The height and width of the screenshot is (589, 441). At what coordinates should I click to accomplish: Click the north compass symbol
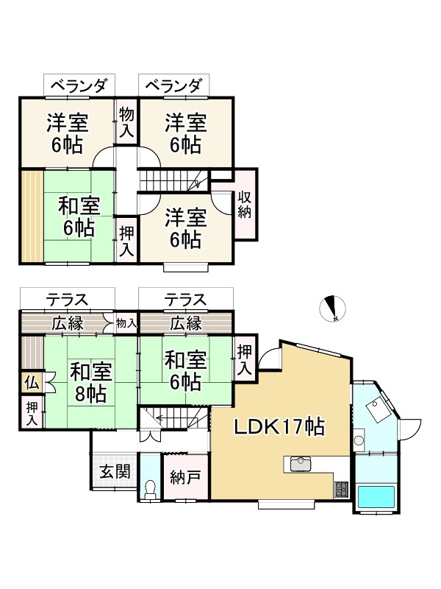pyautogui.click(x=334, y=308)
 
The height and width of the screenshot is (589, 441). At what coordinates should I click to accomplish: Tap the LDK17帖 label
pyautogui.click(x=280, y=426)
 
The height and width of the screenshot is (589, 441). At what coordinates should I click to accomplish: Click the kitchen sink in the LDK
pyautogui.click(x=301, y=464)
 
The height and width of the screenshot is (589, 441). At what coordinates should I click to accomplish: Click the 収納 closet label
pyautogui.click(x=245, y=204)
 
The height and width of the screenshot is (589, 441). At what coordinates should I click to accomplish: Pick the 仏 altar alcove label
pyautogui.click(x=31, y=382)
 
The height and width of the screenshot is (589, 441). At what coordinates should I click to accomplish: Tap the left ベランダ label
pyautogui.click(x=79, y=87)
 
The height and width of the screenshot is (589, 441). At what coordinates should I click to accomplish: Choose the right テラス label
pyautogui.click(x=185, y=300)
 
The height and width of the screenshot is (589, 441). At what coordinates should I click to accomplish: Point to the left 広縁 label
pyautogui.click(x=67, y=322)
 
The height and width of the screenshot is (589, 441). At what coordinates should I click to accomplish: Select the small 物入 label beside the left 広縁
pyautogui.click(x=126, y=322)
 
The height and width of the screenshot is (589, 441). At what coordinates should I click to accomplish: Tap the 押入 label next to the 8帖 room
pyautogui.click(x=32, y=412)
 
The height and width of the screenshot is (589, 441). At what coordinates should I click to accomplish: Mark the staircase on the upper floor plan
pyautogui.click(x=173, y=180)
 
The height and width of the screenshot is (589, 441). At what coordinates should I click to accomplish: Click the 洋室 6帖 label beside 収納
pyautogui.click(x=185, y=228)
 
